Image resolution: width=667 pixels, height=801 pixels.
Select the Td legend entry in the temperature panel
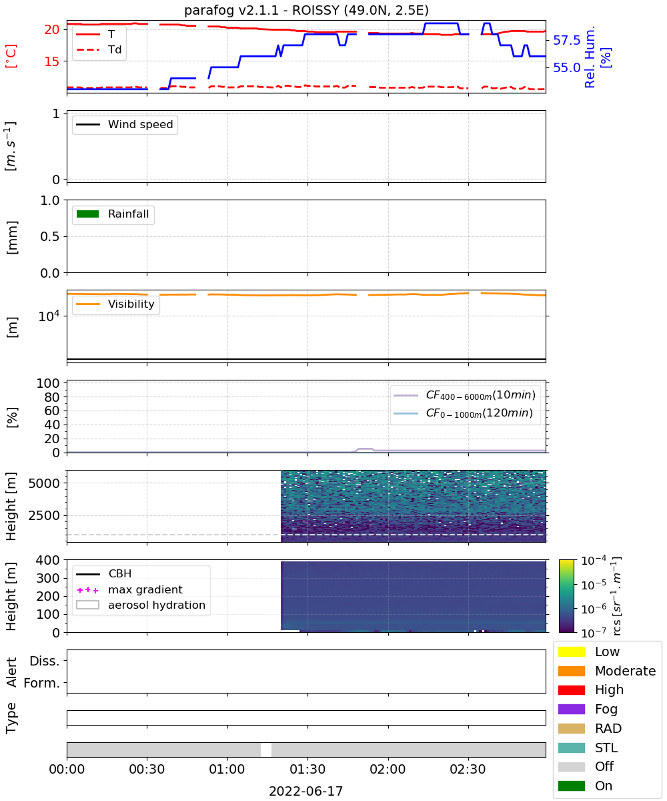tap(99, 49)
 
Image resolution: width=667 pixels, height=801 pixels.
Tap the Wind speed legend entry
tap(125, 124)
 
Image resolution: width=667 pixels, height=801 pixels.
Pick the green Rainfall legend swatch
tap(88, 214)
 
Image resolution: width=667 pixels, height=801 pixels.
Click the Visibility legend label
tap(131, 304)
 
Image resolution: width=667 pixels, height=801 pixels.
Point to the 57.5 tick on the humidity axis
tap(566, 40)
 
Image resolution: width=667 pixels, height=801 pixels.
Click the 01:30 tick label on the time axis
tap(307, 769)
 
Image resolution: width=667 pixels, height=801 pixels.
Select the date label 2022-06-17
tap(306, 791)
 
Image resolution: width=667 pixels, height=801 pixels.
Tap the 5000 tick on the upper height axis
tap(44, 483)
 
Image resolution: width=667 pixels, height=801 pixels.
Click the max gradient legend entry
tap(129, 589)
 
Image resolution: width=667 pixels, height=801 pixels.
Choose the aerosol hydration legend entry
tap(141, 605)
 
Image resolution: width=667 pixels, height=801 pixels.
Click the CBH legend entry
tap(104, 573)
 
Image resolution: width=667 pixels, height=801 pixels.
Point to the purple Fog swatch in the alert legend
tap(571, 709)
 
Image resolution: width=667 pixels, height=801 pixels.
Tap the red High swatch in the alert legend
tap(571, 690)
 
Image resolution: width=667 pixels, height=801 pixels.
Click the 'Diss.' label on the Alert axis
tap(45, 661)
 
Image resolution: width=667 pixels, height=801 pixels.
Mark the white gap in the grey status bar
tap(266, 750)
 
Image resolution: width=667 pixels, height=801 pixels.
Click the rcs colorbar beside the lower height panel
tap(566, 596)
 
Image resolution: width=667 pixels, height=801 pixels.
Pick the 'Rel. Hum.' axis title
tap(590, 57)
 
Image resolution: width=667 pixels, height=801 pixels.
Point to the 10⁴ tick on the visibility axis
tap(49, 316)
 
